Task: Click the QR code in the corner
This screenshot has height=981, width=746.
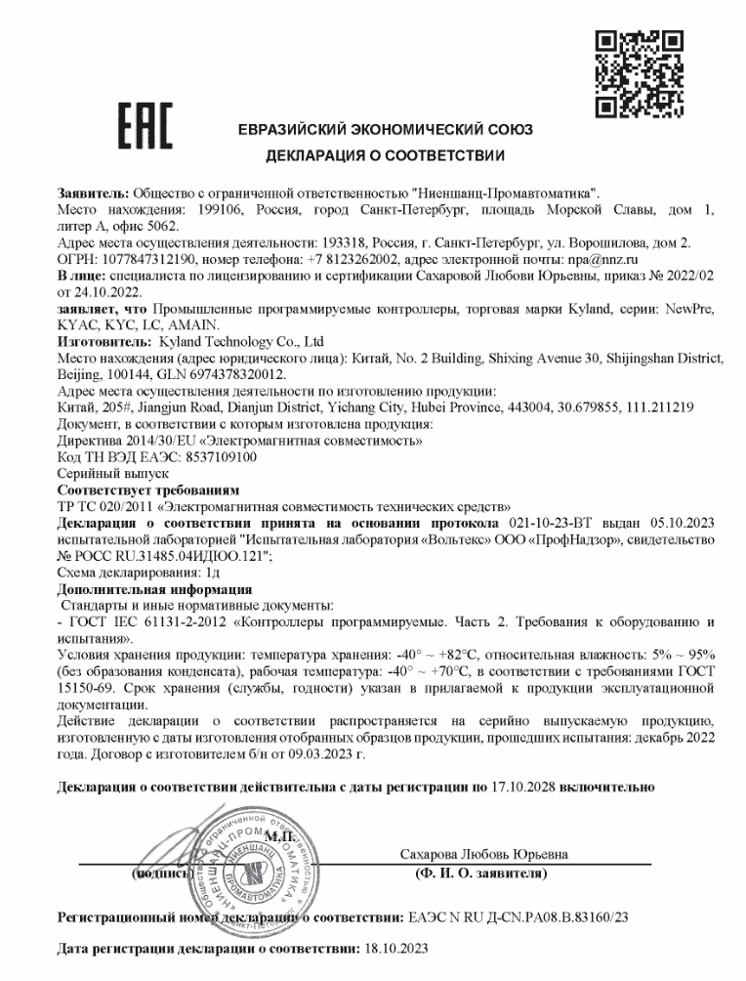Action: pyautogui.click(x=641, y=74)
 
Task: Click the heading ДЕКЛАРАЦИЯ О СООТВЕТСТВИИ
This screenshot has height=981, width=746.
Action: pyautogui.click(x=385, y=155)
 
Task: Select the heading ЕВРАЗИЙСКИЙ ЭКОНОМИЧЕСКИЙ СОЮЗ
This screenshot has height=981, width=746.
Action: pyautogui.click(x=385, y=131)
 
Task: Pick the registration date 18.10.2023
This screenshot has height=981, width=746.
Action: pyautogui.click(x=395, y=948)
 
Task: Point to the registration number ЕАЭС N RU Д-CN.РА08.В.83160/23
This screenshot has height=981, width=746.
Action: pyautogui.click(x=518, y=918)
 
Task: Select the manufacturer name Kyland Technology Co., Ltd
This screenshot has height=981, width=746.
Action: pyautogui.click(x=240, y=342)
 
